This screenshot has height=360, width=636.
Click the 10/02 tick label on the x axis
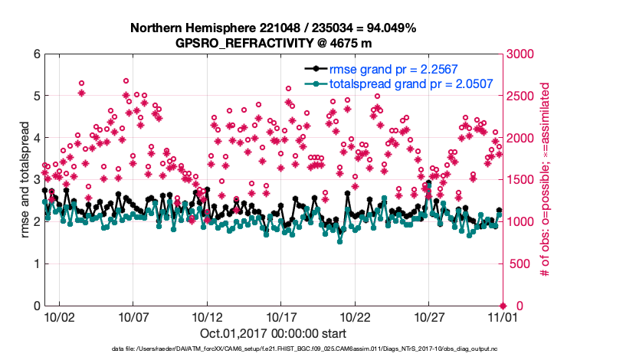pos(60,316)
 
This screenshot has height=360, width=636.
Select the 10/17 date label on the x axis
pos(281,316)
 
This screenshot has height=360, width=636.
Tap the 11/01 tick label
pos(503,316)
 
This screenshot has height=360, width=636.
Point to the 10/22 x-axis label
pos(356,316)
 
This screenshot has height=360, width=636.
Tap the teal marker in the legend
pos(315,84)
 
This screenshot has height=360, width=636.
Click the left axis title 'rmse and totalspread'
pos(25,181)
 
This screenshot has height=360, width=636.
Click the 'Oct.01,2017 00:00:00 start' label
pos(273,333)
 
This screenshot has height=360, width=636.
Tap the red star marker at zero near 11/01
pos(503,306)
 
